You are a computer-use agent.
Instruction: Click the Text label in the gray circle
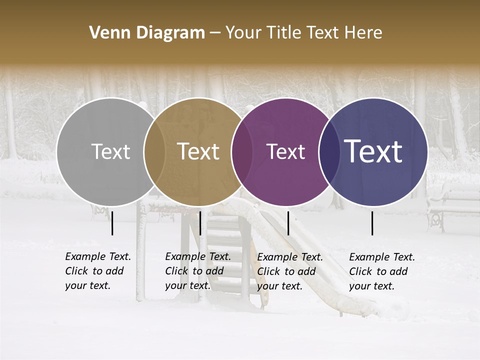coord(110,151)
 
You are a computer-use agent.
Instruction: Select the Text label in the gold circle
coord(198,151)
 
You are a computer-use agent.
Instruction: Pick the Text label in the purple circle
coord(285,151)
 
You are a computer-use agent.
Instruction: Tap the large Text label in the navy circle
coord(373,151)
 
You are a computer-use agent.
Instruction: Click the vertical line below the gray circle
coord(112,223)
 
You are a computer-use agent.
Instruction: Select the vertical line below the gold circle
coord(200,223)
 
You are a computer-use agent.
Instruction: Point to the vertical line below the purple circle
coord(288,223)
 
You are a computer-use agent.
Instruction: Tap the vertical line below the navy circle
coord(372,223)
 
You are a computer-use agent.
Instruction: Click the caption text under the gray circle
coord(97,271)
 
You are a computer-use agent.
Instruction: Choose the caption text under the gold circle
coord(197,271)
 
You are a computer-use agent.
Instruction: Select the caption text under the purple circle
coord(289,271)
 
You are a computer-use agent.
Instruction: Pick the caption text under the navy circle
coord(381,271)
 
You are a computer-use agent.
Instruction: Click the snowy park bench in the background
coord(452,205)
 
